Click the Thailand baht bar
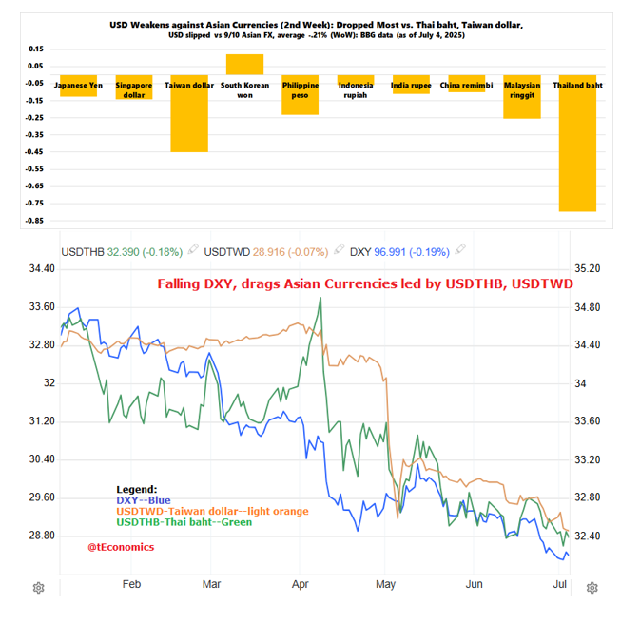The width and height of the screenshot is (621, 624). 577,143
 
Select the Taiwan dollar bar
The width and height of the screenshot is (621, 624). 189,113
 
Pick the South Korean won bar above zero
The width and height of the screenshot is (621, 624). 244,65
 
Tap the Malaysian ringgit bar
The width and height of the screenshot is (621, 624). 522,97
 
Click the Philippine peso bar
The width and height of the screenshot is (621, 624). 300,95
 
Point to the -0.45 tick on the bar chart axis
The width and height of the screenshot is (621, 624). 34,151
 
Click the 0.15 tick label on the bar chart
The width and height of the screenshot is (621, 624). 36,49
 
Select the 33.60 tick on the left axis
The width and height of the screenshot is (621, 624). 42,307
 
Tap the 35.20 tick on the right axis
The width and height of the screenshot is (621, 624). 588,268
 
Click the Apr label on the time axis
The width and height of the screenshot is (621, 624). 300,584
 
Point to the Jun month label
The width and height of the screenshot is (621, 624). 474,584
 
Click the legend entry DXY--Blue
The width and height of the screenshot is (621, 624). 144,500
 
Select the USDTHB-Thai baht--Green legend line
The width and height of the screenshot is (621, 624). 184,522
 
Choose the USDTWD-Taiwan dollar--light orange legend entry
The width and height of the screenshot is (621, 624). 212,511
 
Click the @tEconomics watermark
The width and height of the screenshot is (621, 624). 121,547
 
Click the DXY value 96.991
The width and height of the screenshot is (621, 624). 390,252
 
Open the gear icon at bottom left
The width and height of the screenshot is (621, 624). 39,588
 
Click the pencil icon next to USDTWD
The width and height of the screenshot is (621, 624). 339,249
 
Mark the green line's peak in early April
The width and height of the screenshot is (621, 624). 320,298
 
